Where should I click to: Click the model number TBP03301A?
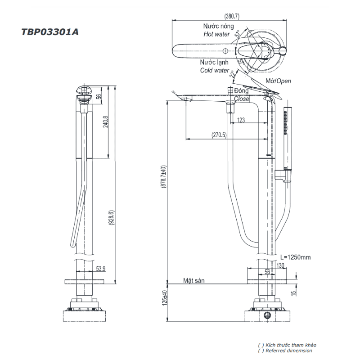click(49, 32)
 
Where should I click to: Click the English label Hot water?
click(216, 34)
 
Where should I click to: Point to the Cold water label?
click(215, 70)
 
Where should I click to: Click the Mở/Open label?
click(278, 81)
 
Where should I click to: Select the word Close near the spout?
click(242, 99)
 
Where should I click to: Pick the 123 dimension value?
click(241, 120)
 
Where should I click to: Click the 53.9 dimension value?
click(101, 269)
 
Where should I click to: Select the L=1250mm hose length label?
click(295, 257)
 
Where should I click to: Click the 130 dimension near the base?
click(280, 265)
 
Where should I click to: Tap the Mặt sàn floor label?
click(193, 280)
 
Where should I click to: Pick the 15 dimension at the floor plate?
click(293, 293)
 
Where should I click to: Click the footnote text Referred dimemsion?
click(288, 351)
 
